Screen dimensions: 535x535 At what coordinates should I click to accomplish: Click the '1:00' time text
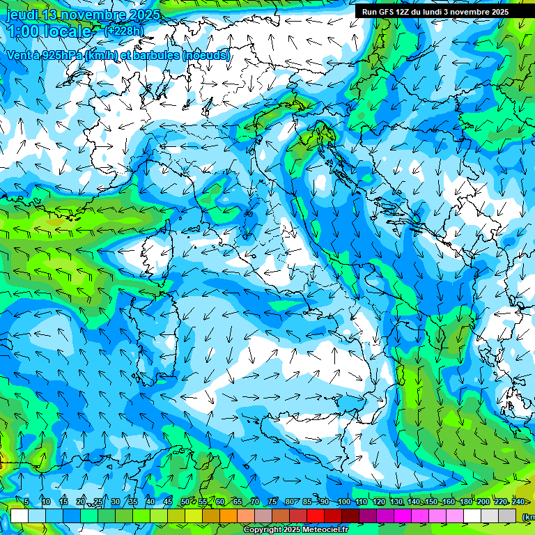point(22,31)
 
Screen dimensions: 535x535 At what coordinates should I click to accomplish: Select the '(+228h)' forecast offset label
point(124,31)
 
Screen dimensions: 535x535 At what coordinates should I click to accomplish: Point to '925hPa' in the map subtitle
point(61,55)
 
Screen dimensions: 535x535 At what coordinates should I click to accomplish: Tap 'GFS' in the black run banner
point(386,12)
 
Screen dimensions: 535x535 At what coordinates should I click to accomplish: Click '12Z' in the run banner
point(405,12)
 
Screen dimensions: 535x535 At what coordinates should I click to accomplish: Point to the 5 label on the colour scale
point(26,502)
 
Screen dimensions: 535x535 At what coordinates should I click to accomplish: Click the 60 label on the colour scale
point(220,502)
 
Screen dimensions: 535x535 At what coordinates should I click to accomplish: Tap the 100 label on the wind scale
point(343,502)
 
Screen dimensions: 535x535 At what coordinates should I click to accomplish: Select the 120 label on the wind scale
point(378,502)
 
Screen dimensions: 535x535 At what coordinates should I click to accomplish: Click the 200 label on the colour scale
point(483,502)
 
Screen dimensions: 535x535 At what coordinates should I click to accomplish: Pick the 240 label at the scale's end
point(518,502)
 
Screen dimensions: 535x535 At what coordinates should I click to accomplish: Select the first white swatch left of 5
point(20,515)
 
